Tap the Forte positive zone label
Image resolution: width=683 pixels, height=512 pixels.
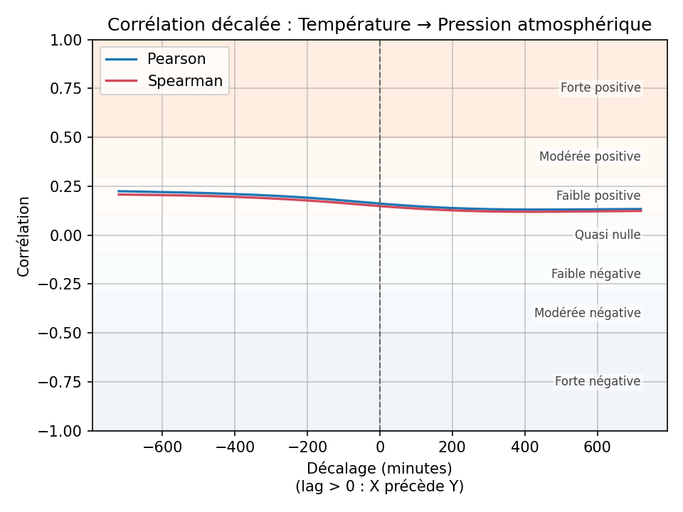tap(600, 88)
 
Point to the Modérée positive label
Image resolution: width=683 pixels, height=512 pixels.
tap(590, 156)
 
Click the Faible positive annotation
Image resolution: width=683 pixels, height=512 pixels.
tap(598, 196)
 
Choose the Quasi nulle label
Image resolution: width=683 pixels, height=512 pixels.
tap(608, 235)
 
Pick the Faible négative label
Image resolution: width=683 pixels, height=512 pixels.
tap(595, 274)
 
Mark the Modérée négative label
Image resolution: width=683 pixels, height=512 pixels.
tap(588, 313)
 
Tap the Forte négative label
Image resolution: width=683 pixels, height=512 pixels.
tap(598, 382)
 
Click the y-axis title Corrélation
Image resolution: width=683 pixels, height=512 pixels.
tap(24, 236)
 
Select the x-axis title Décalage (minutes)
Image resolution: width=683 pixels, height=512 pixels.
tap(379, 469)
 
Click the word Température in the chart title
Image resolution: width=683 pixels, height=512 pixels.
tap(354, 25)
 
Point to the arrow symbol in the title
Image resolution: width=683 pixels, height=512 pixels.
tap(424, 25)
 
